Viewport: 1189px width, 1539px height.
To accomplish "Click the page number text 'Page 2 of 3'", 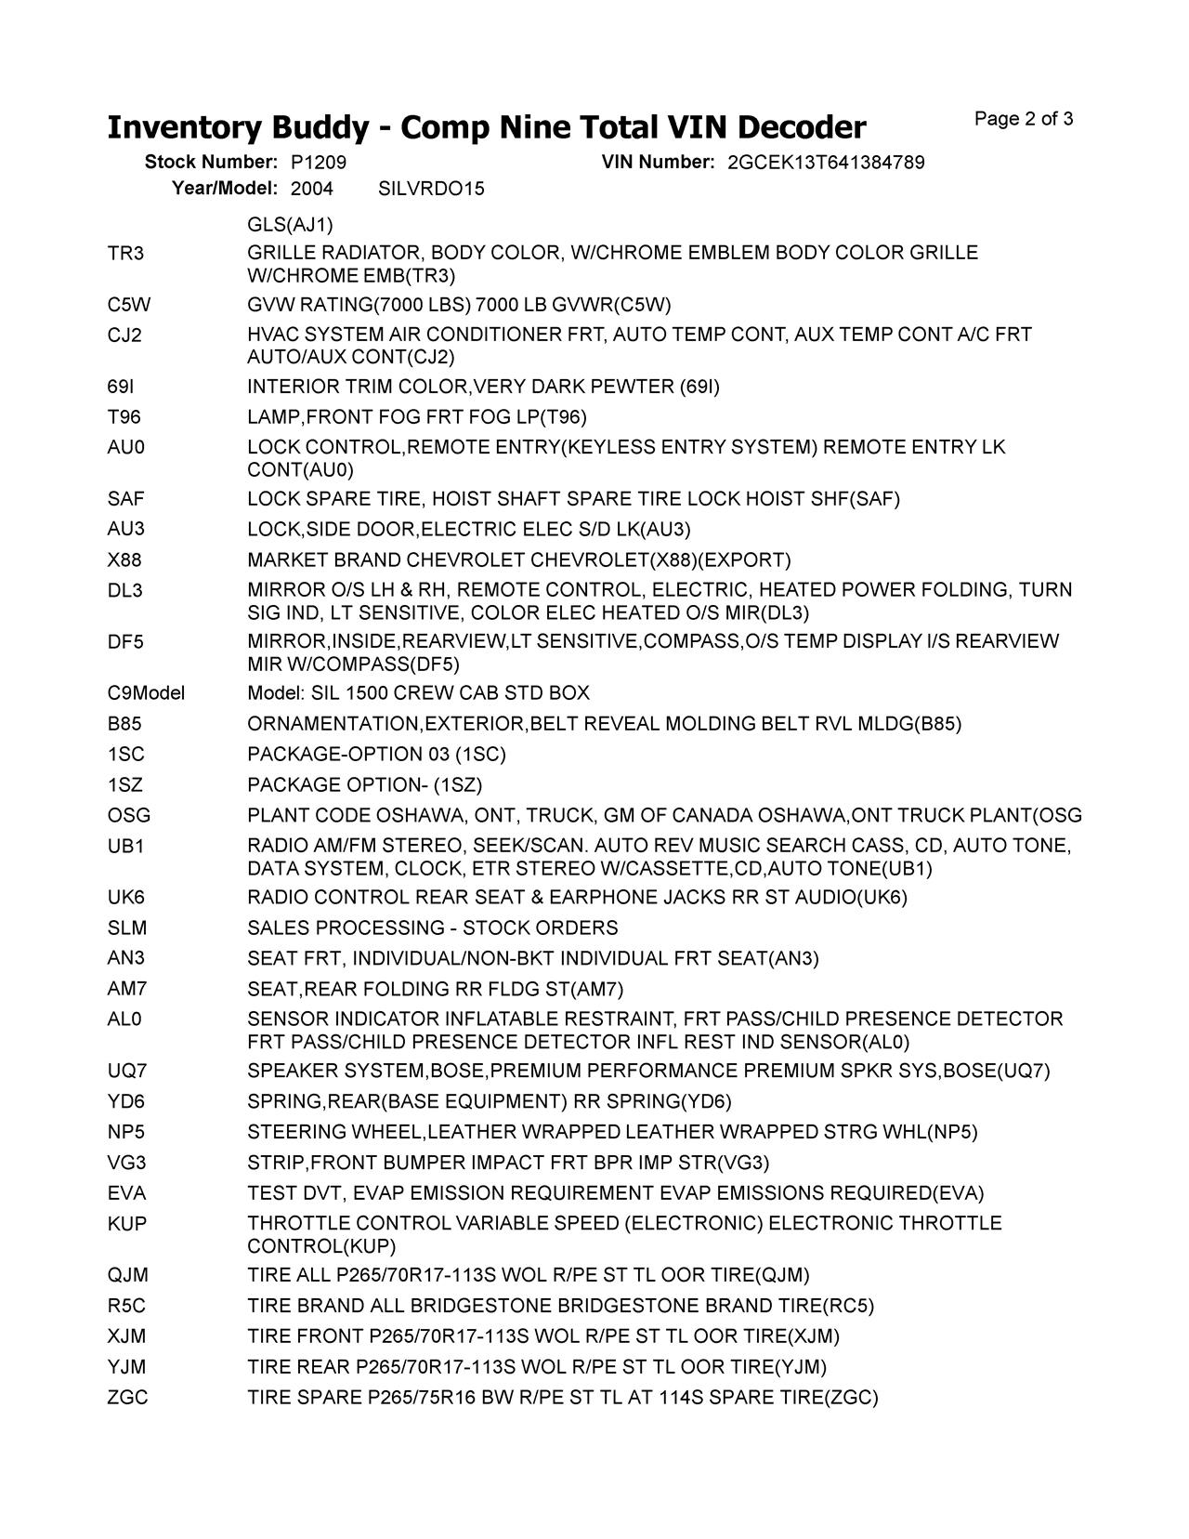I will [x=1024, y=119].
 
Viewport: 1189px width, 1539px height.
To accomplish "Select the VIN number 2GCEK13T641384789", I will [x=826, y=163].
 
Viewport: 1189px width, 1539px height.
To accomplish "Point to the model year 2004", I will [x=312, y=190].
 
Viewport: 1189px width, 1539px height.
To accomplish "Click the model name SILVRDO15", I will [x=431, y=190].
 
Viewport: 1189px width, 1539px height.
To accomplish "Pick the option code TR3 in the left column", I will [x=125, y=254].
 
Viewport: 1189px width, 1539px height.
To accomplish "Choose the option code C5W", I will [x=128, y=305].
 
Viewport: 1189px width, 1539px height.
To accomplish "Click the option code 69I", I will [x=121, y=387].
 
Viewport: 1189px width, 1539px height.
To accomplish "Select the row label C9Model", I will [x=146, y=693].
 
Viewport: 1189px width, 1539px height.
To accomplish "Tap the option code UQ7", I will [x=127, y=1071].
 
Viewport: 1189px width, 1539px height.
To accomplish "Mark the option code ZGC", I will [x=127, y=1398].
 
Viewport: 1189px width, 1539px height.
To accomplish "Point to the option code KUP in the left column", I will [x=127, y=1224].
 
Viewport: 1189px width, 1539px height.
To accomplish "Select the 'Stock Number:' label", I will [x=211, y=163].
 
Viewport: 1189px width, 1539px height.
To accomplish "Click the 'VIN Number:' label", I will [x=658, y=163].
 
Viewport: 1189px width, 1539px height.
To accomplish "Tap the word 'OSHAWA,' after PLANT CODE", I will [x=422, y=816].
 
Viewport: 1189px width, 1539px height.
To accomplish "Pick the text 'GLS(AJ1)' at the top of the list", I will [x=290, y=226].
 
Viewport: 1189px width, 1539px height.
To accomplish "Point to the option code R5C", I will [x=126, y=1306].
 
